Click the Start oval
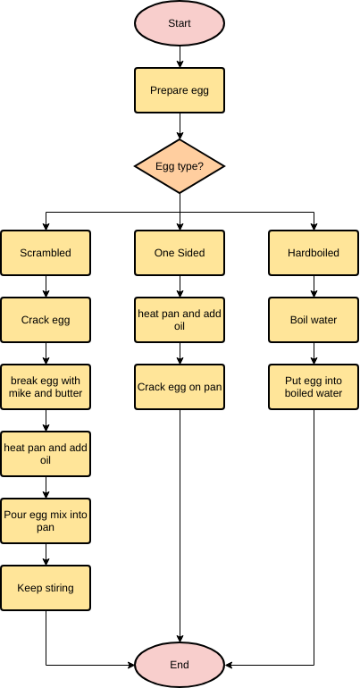click(180, 23)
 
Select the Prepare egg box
click(180, 90)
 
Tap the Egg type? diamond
click(180, 166)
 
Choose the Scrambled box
click(46, 253)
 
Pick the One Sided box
click(180, 253)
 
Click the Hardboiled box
click(314, 253)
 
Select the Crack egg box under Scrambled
click(46, 320)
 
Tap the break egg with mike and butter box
click(46, 387)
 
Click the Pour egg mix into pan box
click(46, 521)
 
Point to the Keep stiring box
click(46, 588)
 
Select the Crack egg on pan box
click(180, 387)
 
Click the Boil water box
click(314, 320)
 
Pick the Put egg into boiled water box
click(314, 387)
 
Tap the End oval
click(180, 665)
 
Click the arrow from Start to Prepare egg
click(180, 56)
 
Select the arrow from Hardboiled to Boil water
click(314, 286)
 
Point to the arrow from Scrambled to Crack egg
click(46, 286)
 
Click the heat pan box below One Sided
click(180, 320)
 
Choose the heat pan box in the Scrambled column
click(46, 454)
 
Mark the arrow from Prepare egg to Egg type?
click(180, 126)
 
